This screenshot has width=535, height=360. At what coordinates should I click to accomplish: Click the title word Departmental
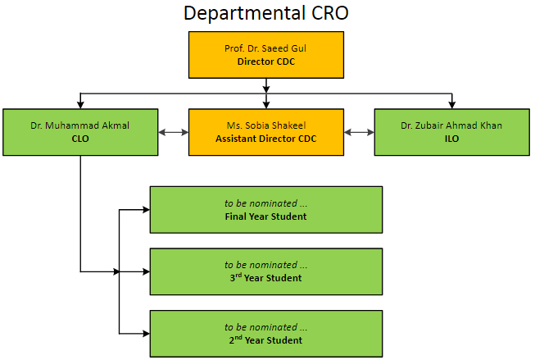click(x=244, y=14)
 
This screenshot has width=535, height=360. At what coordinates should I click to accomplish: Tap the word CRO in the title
click(x=329, y=13)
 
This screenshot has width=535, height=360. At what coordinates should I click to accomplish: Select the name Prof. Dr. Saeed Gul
click(x=265, y=48)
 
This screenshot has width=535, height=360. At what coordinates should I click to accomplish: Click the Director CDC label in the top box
click(x=266, y=62)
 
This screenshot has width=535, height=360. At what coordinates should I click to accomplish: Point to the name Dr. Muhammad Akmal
click(x=79, y=125)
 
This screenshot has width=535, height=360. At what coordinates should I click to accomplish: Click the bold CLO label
click(x=80, y=139)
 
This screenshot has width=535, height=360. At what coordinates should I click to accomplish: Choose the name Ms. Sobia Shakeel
click(x=266, y=125)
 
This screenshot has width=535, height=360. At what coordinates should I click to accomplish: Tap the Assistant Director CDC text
click(x=266, y=139)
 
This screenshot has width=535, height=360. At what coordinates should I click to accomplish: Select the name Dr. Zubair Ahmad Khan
click(x=451, y=125)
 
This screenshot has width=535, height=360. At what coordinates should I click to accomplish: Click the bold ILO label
click(x=451, y=139)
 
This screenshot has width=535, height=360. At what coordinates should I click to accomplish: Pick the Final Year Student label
click(x=265, y=216)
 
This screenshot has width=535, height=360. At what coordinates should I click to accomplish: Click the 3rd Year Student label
click(x=265, y=277)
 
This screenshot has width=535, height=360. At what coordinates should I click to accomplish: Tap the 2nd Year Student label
click(x=265, y=339)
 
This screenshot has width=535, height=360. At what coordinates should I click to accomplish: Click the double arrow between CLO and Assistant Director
click(x=174, y=133)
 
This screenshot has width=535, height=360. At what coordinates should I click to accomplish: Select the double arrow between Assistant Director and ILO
click(x=359, y=133)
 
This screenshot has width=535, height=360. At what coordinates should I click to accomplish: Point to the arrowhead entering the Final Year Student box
click(x=147, y=210)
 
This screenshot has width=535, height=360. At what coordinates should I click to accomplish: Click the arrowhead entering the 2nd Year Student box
click(x=147, y=334)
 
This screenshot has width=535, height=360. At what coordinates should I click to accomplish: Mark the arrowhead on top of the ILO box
click(x=452, y=105)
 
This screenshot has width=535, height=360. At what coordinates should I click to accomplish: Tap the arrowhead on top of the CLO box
click(x=80, y=105)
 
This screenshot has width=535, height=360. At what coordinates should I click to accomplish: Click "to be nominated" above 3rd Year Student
click(x=261, y=265)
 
